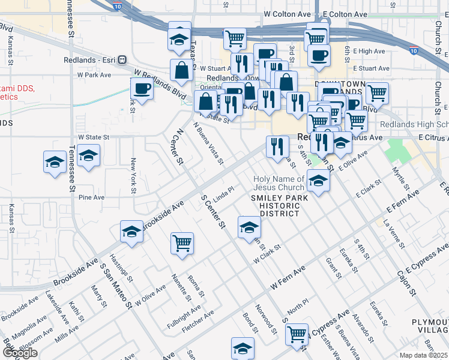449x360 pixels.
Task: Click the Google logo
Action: coord(20,352)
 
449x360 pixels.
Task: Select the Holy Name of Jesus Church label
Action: coord(279,183)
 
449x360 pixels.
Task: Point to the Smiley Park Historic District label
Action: coord(280,205)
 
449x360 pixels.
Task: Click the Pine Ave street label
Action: coord(92,197)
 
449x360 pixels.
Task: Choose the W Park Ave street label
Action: coord(94,75)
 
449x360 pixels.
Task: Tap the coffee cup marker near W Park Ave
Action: coord(142,89)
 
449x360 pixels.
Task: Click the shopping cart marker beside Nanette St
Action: coord(182,244)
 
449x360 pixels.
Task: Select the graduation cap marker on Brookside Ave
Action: coord(131,232)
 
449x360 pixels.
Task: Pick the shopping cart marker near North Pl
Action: coord(297,334)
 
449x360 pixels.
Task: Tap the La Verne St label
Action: coord(394,229)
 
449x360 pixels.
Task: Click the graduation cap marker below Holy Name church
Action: coord(318,180)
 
